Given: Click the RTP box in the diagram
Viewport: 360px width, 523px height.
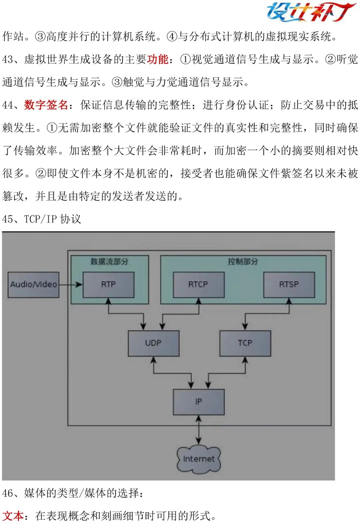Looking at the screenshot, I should [x=108, y=285].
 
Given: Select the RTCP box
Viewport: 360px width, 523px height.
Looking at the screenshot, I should [x=199, y=285].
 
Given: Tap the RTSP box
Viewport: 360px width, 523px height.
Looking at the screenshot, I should [x=289, y=285].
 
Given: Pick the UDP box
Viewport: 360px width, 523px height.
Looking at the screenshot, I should [x=154, y=343].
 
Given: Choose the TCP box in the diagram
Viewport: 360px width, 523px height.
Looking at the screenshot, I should [x=245, y=343].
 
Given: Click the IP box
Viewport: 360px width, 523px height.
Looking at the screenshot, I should [x=199, y=402].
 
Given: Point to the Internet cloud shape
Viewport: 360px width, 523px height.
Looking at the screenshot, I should [x=199, y=459].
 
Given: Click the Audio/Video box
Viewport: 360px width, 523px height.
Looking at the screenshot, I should [x=33, y=285].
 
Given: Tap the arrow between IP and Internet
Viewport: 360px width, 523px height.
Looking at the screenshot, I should [x=199, y=430].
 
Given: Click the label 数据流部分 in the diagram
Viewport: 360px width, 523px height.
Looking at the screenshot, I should [x=109, y=262].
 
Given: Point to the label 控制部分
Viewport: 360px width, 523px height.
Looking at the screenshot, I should [x=243, y=262].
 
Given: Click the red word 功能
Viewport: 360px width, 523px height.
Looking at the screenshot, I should [x=158, y=59].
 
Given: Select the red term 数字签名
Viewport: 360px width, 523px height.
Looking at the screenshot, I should [x=46, y=105].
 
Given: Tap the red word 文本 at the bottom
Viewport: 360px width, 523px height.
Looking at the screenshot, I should [x=13, y=516].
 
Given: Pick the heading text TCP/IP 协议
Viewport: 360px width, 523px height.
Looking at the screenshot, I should [x=52, y=219].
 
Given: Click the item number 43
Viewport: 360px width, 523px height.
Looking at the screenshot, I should [x=8, y=60].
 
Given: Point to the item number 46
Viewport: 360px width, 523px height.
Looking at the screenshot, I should [x=8, y=493].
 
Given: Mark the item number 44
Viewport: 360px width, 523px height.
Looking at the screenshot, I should [x=8, y=105].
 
